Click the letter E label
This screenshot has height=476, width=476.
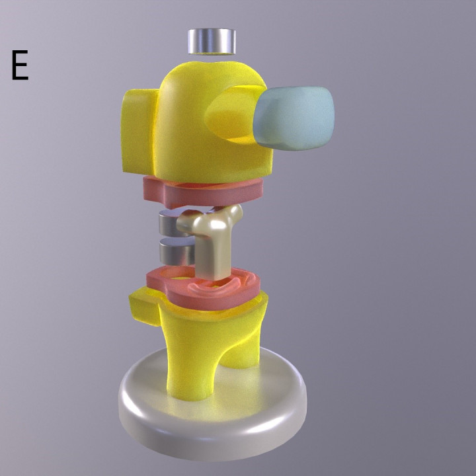pyautogui.click(x=19, y=65)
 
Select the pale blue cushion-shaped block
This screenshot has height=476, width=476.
pyautogui.click(x=294, y=118)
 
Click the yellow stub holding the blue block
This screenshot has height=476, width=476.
pyautogui.click(x=231, y=116)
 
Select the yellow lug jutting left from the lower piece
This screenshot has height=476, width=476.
pyautogui.click(x=145, y=305)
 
